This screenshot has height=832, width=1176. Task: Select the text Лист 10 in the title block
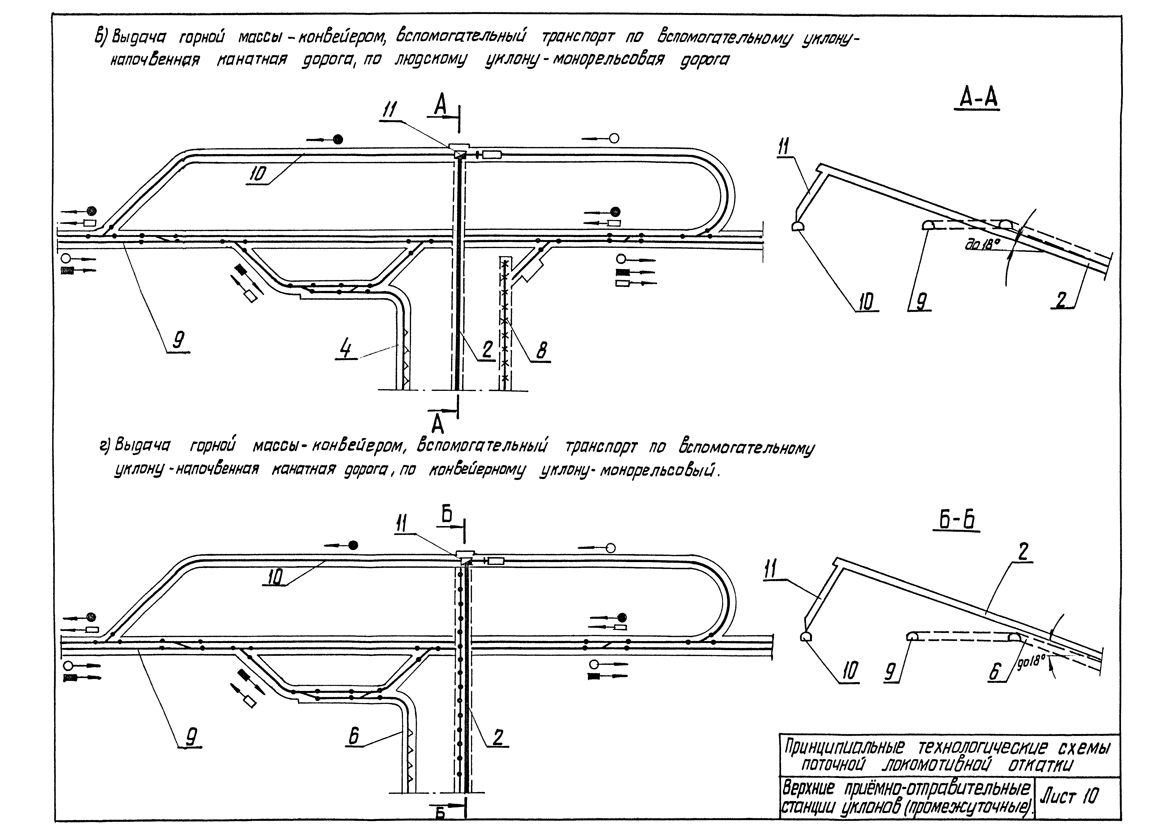1068,797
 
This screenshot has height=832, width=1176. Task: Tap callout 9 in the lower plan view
191,738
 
